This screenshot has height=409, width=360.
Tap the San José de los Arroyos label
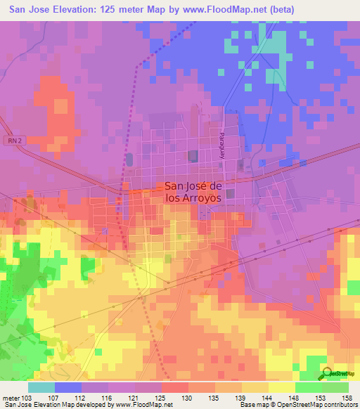(193, 193)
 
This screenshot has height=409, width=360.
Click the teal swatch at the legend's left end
(41, 387)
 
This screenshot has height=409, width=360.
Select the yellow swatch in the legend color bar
(281, 387)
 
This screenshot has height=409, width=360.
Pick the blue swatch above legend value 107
(68, 387)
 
